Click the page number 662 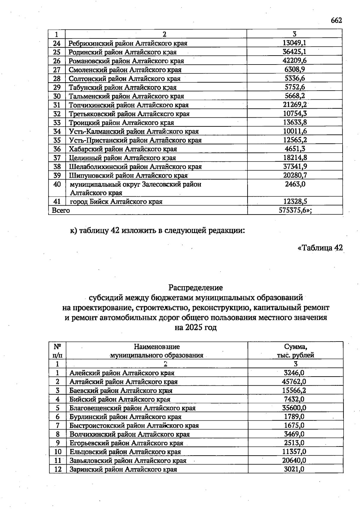coord(336,20)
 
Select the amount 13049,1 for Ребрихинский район coord(294,43)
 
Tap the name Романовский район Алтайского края coord(126,61)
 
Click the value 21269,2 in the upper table coord(294,105)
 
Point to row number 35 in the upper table coord(57,140)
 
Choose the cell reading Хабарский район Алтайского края coord(123,149)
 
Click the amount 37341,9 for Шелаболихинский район coord(295,167)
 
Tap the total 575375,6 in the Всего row coord(295,210)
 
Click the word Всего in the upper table coord(61,210)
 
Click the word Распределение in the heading coord(196,288)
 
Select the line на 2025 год coord(196,327)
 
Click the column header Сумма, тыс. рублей coord(295,351)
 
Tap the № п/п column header coord(57,351)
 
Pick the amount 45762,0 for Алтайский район coord(295,382)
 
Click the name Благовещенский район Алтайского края coord(132,408)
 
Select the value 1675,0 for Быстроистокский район coord(294,426)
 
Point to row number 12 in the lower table coord(58,469)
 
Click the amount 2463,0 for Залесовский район coord(295,184)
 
